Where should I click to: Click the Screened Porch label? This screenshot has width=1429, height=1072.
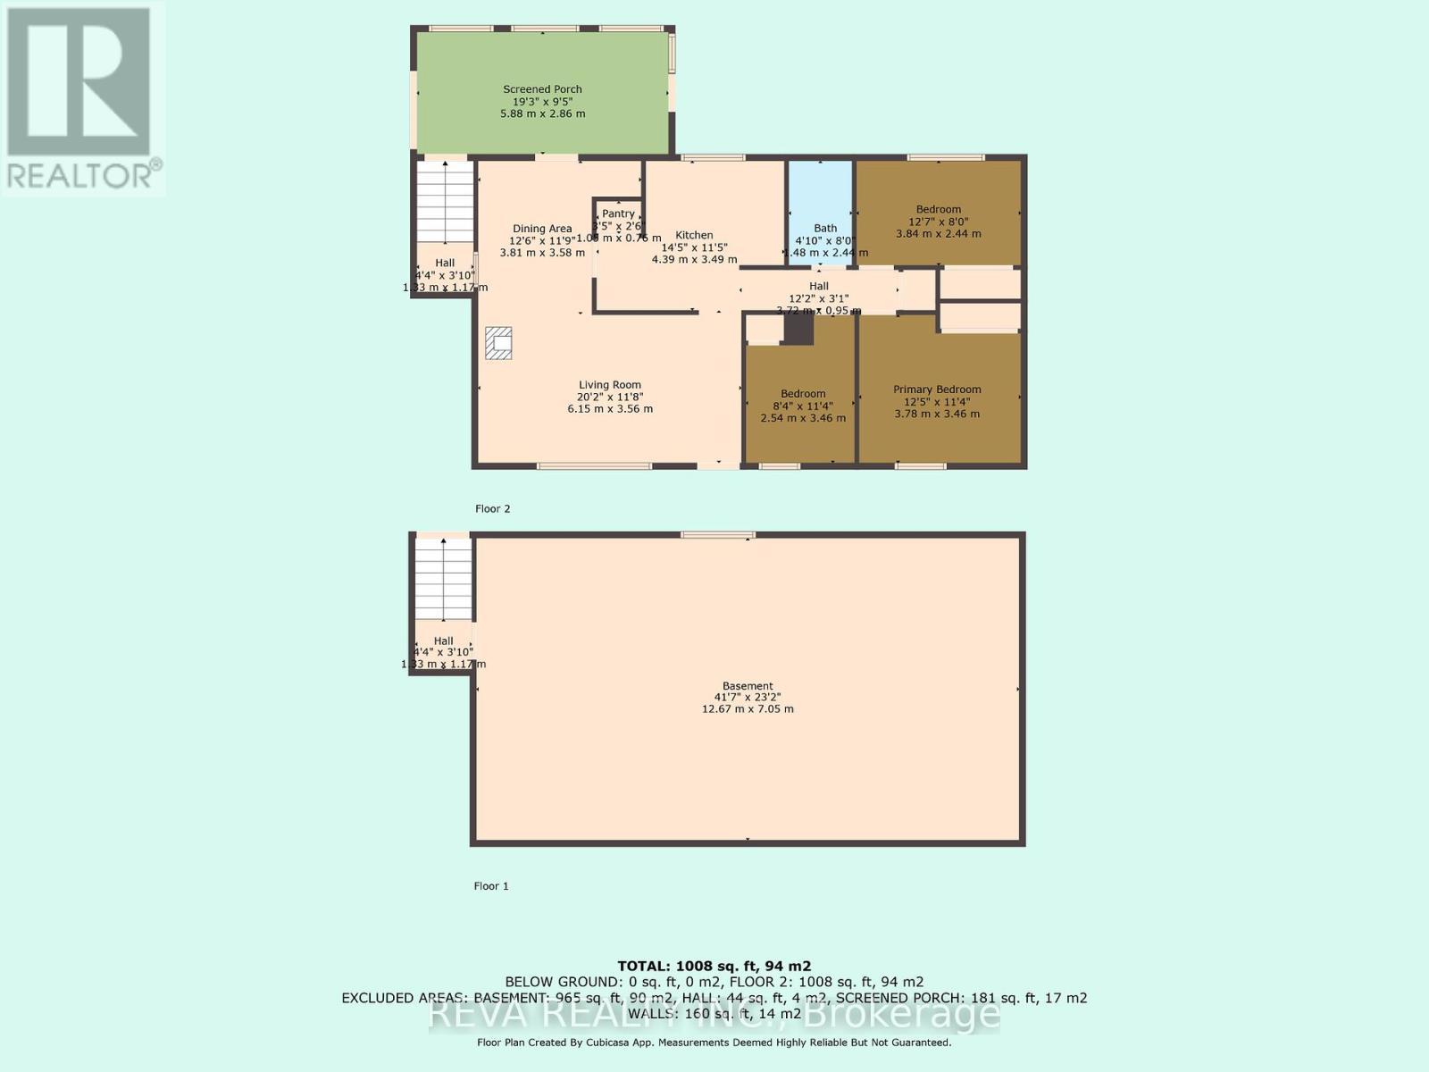[542, 89]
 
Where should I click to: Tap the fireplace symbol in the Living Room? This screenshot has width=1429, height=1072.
[498, 343]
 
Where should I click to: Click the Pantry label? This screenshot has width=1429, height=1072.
[618, 214]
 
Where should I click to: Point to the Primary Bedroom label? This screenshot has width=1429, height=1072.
[937, 389]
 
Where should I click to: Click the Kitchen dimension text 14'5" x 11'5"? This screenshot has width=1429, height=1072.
[694, 247]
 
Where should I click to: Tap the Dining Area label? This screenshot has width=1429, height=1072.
[541, 229]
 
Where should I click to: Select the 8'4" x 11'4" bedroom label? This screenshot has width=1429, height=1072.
[802, 394]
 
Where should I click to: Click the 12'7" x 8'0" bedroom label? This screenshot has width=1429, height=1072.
[938, 210]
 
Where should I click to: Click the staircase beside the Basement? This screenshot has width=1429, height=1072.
[443, 578]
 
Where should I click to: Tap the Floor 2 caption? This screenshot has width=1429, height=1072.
[492, 509]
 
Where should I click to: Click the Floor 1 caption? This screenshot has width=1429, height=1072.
[491, 886]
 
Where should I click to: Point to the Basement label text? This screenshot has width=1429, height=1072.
[748, 686]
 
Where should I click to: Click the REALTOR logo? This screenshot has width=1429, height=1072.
[81, 97]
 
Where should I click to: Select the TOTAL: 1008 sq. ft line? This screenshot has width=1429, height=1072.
[714, 966]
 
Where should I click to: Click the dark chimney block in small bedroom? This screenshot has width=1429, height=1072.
[798, 329]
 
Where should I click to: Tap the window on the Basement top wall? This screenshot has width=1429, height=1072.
[718, 535]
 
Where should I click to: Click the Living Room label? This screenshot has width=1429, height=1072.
[609, 385]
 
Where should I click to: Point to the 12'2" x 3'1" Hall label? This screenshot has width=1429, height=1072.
[818, 287]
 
